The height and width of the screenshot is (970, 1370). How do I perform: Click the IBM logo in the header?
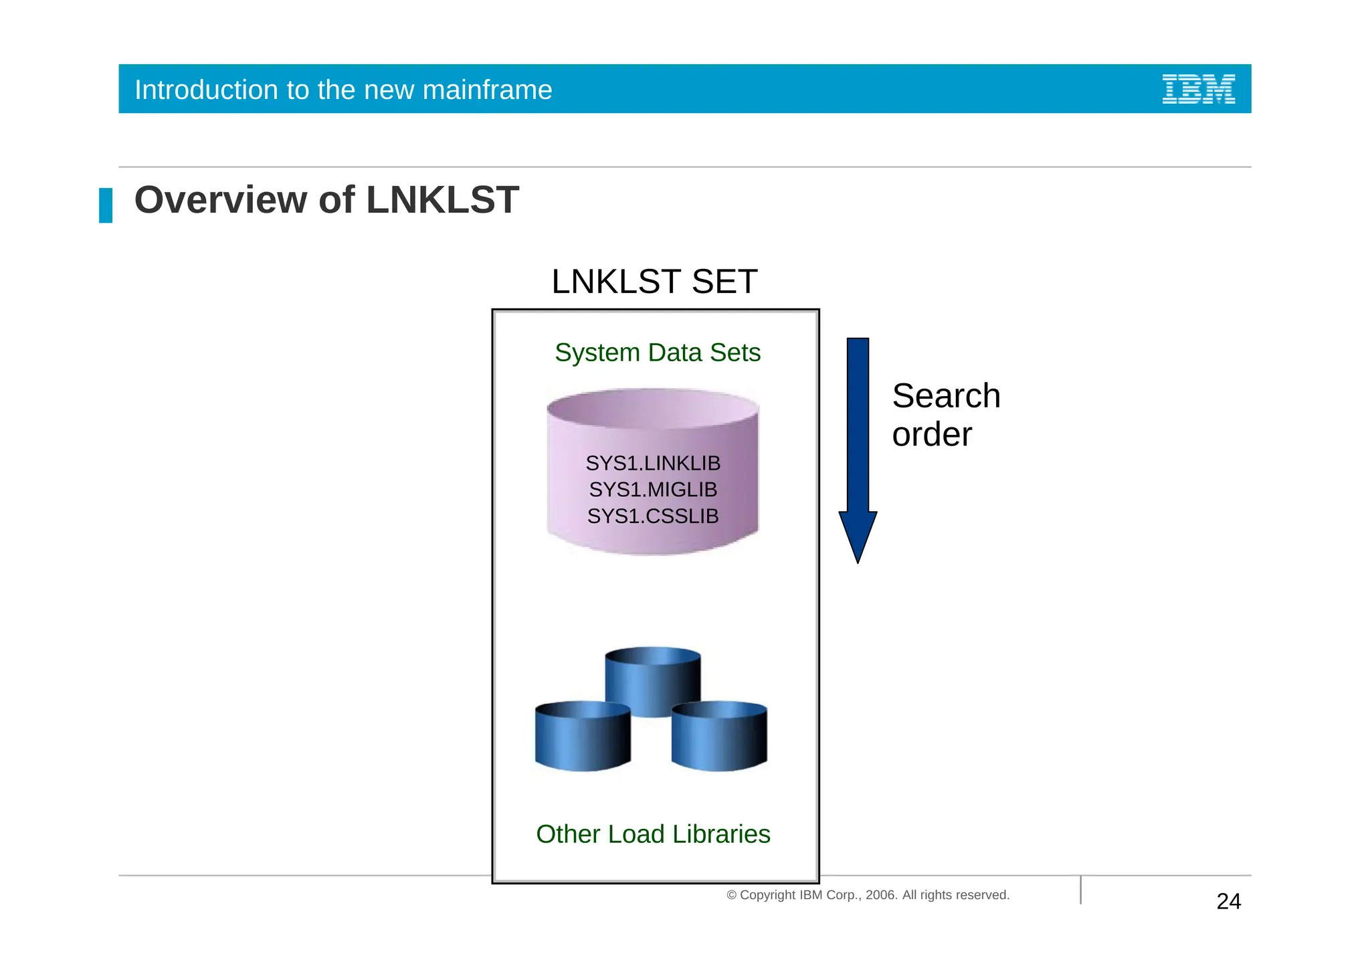pos(1198,89)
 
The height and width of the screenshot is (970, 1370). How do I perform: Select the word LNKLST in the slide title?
pos(442,200)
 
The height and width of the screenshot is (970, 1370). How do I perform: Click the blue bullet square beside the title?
pos(106,205)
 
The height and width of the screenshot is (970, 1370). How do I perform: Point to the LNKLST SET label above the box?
pos(654,282)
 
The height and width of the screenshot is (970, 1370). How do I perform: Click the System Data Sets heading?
pos(658,353)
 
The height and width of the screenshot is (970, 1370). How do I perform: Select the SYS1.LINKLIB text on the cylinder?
pos(653,463)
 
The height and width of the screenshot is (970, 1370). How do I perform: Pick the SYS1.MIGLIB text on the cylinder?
pos(653,490)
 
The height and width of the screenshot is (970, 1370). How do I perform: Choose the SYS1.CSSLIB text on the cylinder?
pos(653,516)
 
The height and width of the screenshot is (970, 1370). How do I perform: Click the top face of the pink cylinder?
pos(653,407)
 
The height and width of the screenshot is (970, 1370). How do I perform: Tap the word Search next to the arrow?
pos(946,396)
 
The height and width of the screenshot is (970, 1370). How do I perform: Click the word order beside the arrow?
pos(932,435)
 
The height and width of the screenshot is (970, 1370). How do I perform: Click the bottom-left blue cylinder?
pos(583,736)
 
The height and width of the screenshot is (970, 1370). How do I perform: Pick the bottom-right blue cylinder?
pos(719,736)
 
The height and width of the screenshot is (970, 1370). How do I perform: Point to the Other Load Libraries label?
pos(653,834)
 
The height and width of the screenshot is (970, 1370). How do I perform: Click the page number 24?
pos(1229,902)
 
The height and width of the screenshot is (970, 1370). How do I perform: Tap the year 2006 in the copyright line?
pos(880,895)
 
